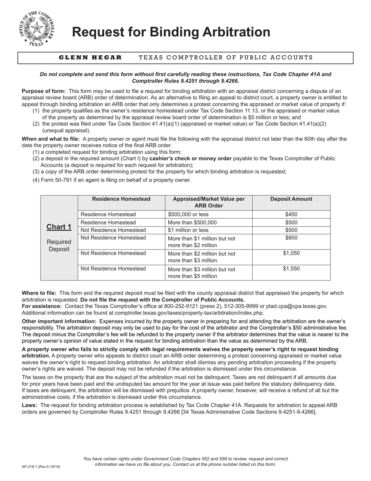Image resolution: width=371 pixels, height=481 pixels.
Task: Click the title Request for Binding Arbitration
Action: point(171,32)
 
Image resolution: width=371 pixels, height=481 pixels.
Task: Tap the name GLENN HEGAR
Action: point(90,57)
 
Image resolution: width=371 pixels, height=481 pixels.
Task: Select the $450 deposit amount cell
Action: point(291,214)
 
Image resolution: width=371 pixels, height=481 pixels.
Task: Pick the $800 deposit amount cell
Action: point(291,238)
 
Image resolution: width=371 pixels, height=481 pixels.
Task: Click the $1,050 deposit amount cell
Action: point(291,253)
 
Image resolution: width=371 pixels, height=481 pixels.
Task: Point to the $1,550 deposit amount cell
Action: point(291,269)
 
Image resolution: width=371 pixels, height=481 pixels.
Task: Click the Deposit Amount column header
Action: point(291,199)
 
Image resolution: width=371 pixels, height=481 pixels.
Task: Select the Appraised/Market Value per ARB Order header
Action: point(209,203)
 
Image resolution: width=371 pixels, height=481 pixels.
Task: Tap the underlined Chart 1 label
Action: point(59,227)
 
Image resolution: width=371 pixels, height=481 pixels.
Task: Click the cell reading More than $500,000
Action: point(192,222)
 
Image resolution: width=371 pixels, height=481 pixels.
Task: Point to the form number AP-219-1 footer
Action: point(41,467)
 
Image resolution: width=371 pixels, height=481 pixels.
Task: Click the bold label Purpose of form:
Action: point(44,91)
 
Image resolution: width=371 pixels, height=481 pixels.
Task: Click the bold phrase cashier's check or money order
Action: point(190,158)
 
